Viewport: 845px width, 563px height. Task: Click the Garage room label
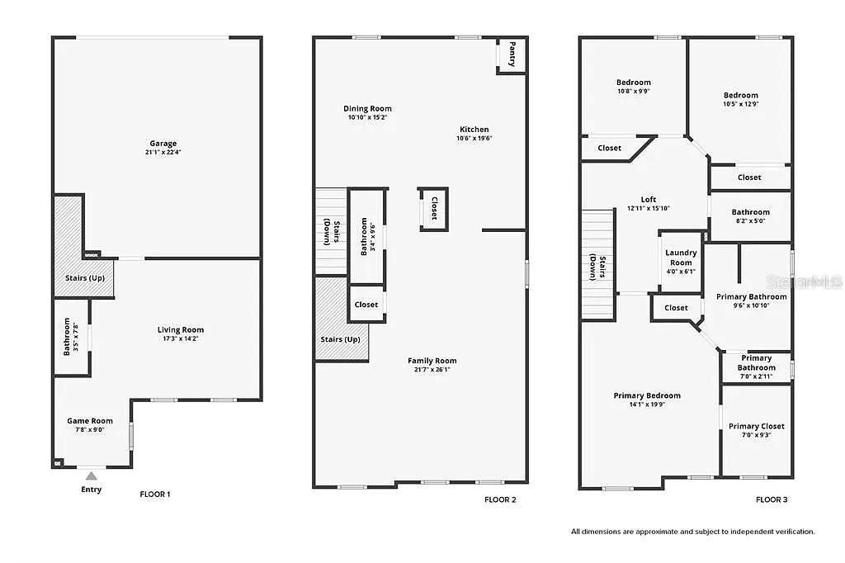[x=163, y=144]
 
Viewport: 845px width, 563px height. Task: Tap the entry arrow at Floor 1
[x=92, y=475]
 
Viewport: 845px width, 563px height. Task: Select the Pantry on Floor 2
[x=512, y=54]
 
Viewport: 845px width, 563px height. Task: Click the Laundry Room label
[x=681, y=258]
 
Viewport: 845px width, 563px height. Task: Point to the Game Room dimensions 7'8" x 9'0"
[x=90, y=429]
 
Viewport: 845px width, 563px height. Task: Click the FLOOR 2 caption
[x=500, y=499]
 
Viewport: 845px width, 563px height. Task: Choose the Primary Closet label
[x=756, y=426]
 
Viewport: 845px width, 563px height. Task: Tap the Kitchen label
[x=474, y=130]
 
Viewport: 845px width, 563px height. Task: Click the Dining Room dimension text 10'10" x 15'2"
[x=367, y=117]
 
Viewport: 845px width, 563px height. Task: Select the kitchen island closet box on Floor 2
[x=434, y=208]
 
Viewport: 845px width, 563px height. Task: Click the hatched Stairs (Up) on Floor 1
[x=85, y=277]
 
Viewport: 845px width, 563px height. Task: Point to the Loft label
[x=649, y=199]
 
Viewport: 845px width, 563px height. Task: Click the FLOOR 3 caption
[x=772, y=499]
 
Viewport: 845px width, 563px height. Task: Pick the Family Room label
[x=432, y=361]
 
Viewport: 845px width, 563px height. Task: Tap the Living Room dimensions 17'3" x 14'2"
[x=180, y=338]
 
